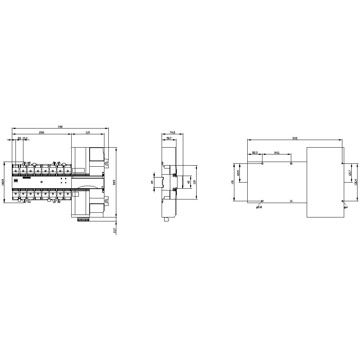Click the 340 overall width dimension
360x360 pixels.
pyautogui.click(x=60, y=127)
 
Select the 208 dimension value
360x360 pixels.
pyautogui.click(x=41, y=132)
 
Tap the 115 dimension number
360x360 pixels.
pyautogui.click(x=87, y=132)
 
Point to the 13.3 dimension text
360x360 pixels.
pyautogui.click(x=25, y=138)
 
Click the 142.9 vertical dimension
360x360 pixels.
pyautogui.click(x=3, y=183)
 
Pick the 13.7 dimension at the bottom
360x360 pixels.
pyautogui.click(x=114, y=230)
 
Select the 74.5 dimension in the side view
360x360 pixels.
pyautogui.click(x=172, y=132)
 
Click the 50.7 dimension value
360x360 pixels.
pyautogui.click(x=169, y=138)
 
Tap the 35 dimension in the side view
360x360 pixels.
pyautogui.click(x=152, y=182)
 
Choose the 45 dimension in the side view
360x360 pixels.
pyautogui.click(x=189, y=182)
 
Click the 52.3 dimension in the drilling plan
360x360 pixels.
pyautogui.click(x=255, y=153)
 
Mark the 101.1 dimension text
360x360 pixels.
pyautogui.click(x=276, y=153)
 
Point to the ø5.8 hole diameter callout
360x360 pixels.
pyautogui.click(x=259, y=207)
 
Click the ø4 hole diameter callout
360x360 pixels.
pyautogui.click(x=346, y=207)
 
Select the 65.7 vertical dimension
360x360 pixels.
pyautogui.click(x=350, y=173)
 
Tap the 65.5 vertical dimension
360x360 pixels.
pyautogui.click(x=238, y=173)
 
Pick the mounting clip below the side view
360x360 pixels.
pyautogui.click(x=166, y=219)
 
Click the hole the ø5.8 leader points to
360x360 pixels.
pyautogui.click(x=262, y=201)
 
